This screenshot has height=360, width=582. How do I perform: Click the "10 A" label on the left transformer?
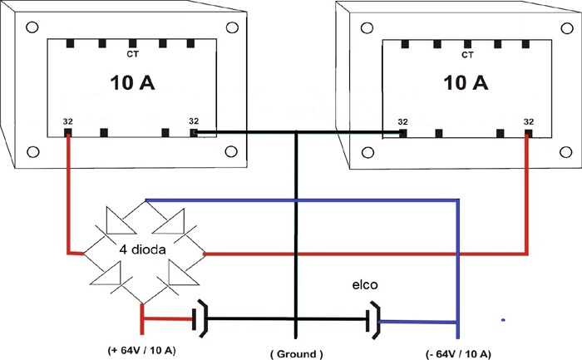[x=132, y=82]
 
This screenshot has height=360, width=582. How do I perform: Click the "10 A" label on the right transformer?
[x=466, y=82]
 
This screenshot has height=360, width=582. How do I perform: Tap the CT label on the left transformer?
[x=132, y=54]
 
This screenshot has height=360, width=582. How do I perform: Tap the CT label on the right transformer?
[x=467, y=55]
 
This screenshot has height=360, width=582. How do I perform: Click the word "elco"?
[x=365, y=284]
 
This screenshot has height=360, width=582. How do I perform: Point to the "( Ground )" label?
[x=296, y=353]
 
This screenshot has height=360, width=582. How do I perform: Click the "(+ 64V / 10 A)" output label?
[x=141, y=350]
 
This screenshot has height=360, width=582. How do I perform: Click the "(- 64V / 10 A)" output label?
[x=458, y=353]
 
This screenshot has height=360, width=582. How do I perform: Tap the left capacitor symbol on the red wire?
[x=200, y=318]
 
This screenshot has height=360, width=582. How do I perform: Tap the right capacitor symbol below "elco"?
[x=373, y=321]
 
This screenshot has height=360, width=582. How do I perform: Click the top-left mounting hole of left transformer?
[x=32, y=27]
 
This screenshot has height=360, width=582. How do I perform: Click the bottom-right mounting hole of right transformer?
[x=565, y=152]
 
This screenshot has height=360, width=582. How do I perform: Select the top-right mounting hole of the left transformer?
[x=232, y=27]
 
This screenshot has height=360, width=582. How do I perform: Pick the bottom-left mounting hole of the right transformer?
[x=367, y=152]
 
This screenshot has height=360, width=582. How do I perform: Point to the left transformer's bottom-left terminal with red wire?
[x=67, y=132]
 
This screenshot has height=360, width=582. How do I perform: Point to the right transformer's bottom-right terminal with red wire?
[x=529, y=133]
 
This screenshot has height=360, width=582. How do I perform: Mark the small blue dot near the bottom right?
[x=503, y=319]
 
